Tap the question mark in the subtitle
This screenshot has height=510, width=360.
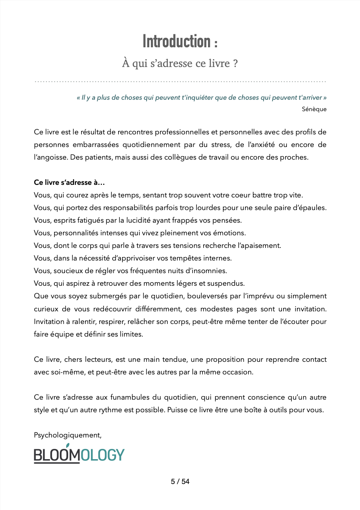coord(235,63)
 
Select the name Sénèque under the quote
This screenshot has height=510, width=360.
coord(314,109)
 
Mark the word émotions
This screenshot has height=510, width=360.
coord(231,233)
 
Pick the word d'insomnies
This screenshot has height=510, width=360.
coord(208,271)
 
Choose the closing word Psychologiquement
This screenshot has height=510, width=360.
coord(67,435)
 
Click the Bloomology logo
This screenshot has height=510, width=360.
coord(79,454)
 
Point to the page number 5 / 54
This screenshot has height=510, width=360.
coord(180,482)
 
